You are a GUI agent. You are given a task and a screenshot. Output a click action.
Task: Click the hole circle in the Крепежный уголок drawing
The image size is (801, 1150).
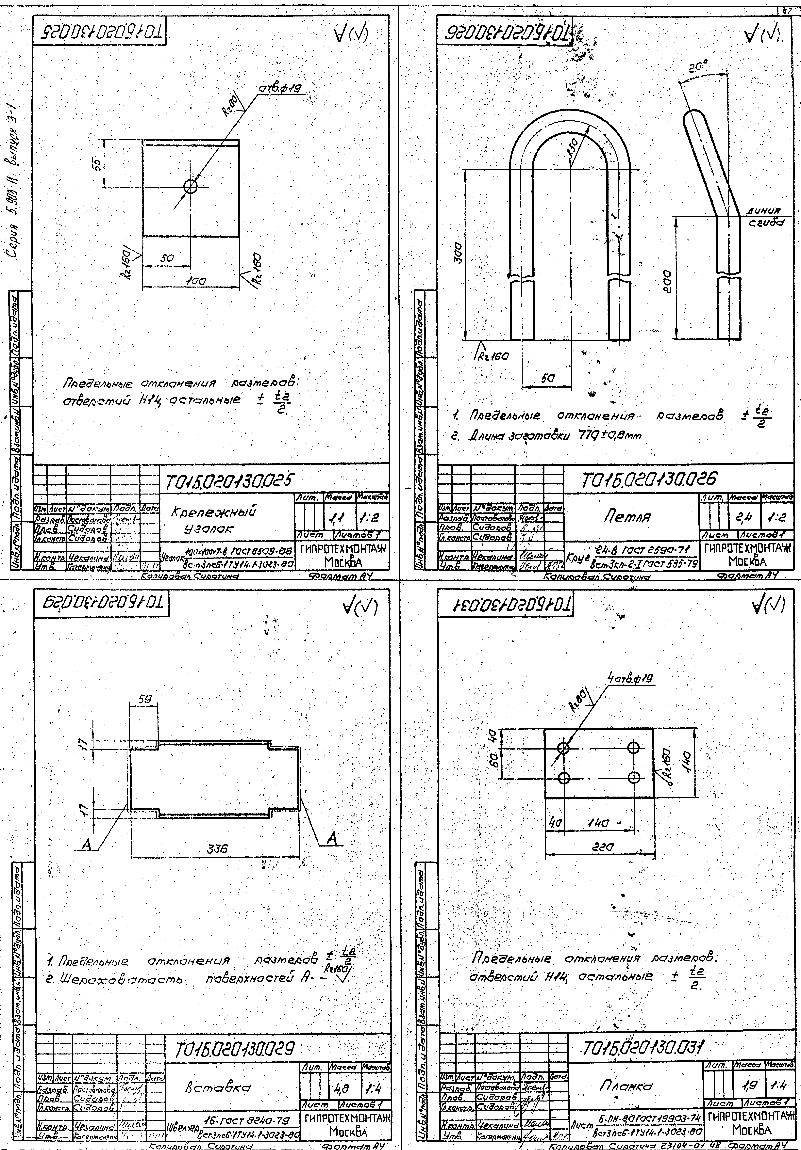pos(191,187)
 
